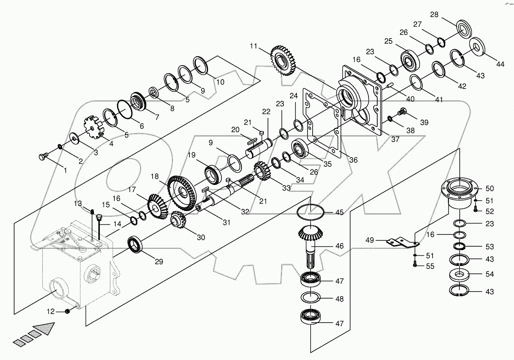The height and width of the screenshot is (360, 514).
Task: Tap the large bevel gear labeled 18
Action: click(x=182, y=192)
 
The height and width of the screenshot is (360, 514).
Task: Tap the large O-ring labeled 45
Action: click(x=311, y=213)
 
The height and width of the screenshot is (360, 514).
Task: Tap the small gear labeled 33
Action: click(x=261, y=172)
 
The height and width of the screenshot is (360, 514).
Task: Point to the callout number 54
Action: click(x=490, y=274)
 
